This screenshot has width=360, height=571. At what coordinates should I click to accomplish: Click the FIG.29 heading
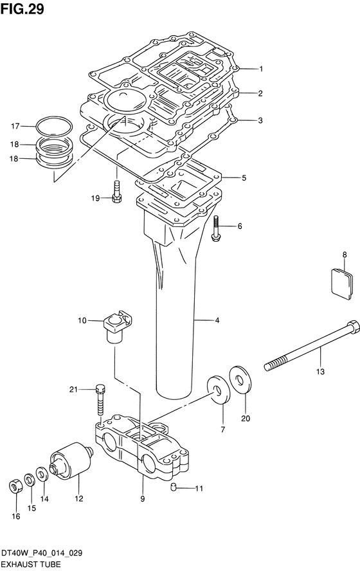22,9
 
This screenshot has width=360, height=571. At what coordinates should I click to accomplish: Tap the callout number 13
320,372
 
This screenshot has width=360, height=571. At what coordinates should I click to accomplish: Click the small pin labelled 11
174,487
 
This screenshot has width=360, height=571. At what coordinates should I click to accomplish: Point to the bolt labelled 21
100,399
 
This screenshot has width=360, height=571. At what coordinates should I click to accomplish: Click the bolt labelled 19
116,192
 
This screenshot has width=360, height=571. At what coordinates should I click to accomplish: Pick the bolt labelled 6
216,228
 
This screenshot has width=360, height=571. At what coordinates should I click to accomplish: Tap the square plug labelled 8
341,284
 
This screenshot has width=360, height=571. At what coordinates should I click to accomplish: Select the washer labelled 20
240,380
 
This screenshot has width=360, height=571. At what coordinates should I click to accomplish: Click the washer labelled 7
219,390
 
